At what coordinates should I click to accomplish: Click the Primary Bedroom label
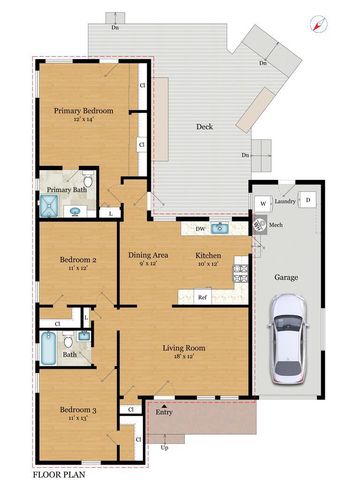[84, 110]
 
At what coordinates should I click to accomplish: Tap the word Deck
[205, 126]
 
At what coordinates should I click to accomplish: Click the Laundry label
[284, 201]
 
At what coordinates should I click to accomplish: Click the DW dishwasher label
[200, 229]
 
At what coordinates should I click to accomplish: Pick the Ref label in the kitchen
[202, 297]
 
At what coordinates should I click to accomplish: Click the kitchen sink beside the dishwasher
[222, 229]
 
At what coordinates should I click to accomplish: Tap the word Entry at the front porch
[164, 411]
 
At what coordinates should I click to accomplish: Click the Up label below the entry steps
[165, 446]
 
